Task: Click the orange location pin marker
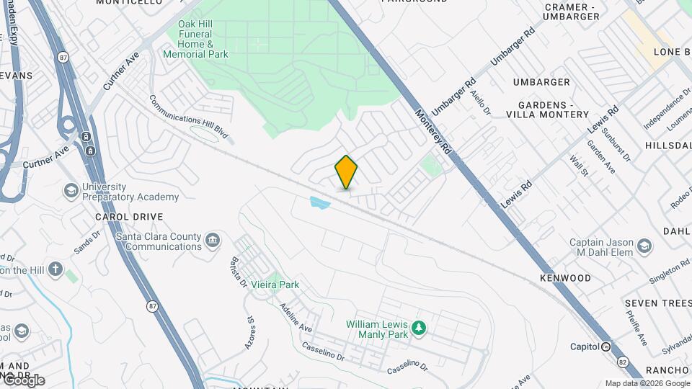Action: click(x=346, y=172)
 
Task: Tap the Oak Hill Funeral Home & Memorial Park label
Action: click(x=203, y=39)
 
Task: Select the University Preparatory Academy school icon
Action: click(x=71, y=190)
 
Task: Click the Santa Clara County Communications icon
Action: click(x=213, y=240)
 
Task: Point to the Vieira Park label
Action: click(x=275, y=285)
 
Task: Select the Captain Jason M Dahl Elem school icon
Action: click(x=644, y=247)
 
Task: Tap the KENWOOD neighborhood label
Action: click(x=565, y=278)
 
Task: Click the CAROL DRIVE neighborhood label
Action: click(x=129, y=217)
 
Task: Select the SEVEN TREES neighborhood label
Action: click(x=657, y=303)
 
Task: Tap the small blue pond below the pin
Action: click(x=319, y=204)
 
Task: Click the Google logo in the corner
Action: click(x=23, y=380)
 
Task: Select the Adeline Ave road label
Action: click(x=296, y=317)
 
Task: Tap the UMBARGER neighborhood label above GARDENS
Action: click(x=541, y=82)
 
